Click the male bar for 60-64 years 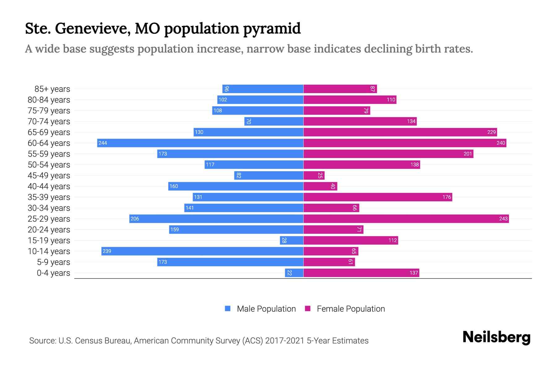(200, 143)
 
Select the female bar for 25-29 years (406, 219)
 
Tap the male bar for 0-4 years (294, 273)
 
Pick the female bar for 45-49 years (314, 175)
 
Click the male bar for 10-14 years (202, 251)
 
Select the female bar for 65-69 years (400, 132)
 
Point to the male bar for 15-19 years (291, 240)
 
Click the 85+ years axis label (52, 89)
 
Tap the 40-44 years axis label (49, 186)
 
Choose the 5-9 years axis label (54, 262)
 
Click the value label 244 (103, 143)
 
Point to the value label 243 (503, 219)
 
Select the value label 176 (447, 197)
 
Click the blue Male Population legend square (228, 309)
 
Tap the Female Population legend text (351, 309)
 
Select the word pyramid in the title (272, 29)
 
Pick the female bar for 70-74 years (360, 121)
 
